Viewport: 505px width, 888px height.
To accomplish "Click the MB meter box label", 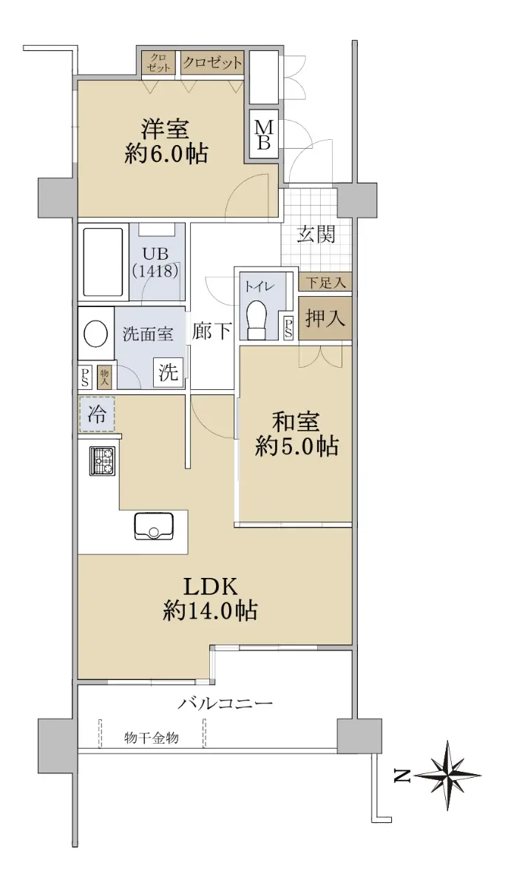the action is point(264,134).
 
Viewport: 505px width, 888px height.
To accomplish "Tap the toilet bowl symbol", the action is point(257,320).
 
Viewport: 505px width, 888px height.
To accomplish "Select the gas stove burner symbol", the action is point(102,461).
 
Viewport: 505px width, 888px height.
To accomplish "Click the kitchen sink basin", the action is point(154,526).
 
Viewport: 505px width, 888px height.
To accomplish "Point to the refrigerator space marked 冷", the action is point(97,414).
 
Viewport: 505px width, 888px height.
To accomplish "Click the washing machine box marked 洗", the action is point(169,372).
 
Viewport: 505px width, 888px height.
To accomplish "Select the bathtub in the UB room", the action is point(103,262).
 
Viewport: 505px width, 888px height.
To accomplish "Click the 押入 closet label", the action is point(325,318).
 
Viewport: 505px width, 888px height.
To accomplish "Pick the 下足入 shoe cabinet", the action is point(325,283).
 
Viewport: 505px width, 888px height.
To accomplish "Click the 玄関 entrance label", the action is point(316,234).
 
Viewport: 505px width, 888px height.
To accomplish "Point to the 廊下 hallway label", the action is point(212,331).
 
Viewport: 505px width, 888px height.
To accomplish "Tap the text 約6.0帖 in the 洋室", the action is point(166,154).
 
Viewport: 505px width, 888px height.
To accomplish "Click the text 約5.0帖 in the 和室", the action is point(296,447).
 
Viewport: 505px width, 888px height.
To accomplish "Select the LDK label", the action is point(210,587).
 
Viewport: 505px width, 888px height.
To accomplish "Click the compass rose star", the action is point(447,775).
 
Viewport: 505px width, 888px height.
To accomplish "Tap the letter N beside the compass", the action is point(401,776).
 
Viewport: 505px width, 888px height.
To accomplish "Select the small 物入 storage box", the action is point(104,377).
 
